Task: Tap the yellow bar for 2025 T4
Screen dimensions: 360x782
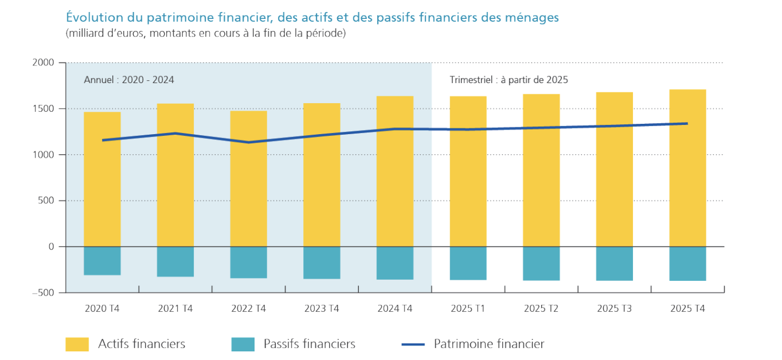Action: (687, 183)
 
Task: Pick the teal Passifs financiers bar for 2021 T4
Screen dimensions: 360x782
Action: (175, 261)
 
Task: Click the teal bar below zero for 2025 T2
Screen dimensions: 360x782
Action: (541, 263)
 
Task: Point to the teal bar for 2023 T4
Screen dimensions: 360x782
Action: (322, 263)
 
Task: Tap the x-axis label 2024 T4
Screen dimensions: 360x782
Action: (395, 309)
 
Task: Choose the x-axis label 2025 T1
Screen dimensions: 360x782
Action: (468, 309)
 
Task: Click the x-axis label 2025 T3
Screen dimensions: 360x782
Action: (615, 309)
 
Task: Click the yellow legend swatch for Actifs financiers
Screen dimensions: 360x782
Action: (77, 344)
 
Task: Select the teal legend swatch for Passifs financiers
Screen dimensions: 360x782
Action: (243, 344)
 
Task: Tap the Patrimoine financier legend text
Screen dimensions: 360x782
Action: (489, 344)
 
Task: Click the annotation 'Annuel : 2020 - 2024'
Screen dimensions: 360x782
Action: (129, 80)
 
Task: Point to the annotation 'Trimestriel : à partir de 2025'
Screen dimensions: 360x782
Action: (509, 80)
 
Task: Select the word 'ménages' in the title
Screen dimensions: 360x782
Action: (532, 18)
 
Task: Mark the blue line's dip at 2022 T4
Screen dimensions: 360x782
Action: (248, 142)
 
